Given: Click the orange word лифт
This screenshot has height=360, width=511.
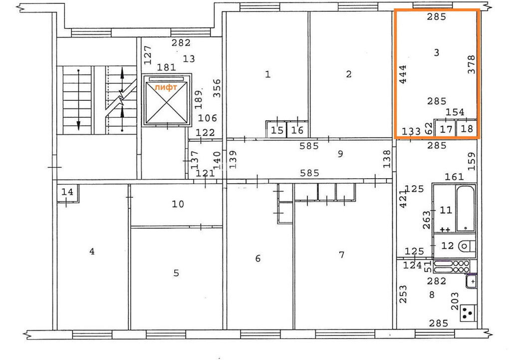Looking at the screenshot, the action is [x=166, y=87].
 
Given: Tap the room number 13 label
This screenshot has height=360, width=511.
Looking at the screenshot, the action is [x=189, y=59].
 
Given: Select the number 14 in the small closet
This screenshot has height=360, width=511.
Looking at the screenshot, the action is [x=67, y=192].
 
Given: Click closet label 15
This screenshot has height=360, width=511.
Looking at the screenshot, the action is [x=277, y=130].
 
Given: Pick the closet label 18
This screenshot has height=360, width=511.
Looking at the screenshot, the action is [x=467, y=129].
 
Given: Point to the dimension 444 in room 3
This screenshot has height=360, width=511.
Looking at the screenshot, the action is [x=403, y=74].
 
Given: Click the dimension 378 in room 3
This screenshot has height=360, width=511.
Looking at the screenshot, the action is [x=471, y=64].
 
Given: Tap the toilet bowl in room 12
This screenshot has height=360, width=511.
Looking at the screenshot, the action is [x=467, y=246].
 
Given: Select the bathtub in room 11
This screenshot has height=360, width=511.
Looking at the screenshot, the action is [x=466, y=209].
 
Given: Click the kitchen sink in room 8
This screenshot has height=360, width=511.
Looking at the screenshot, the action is [x=471, y=281].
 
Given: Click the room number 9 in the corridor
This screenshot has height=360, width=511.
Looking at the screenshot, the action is [x=340, y=154].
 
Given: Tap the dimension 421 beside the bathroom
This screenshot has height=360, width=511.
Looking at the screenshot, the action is [x=403, y=199].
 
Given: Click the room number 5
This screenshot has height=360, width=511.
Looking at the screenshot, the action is [x=176, y=273].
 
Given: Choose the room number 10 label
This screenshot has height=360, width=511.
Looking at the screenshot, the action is [x=178, y=204].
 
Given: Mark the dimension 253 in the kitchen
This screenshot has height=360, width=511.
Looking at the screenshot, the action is [x=403, y=294].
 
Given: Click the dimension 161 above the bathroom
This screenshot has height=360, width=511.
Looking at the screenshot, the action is [x=454, y=177].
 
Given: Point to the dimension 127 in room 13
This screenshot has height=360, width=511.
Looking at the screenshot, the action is [x=148, y=55].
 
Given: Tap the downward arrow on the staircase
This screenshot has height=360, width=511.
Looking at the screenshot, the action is [x=78, y=99].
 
